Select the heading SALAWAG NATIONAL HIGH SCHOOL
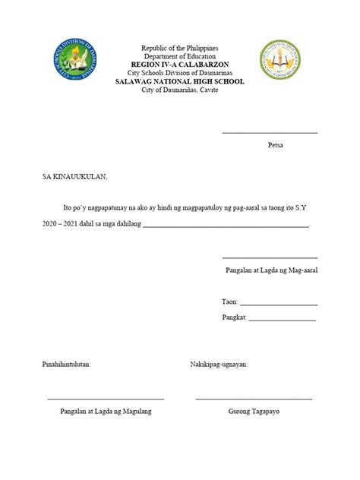point(179,81)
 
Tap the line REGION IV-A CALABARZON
point(179,65)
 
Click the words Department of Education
point(179,56)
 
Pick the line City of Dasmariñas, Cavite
point(179,90)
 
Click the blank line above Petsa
point(270,133)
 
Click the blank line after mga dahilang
point(226,226)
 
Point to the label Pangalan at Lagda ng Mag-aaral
point(271,270)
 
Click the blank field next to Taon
point(279,305)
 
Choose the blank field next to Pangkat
point(282,319)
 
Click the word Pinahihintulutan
point(66,365)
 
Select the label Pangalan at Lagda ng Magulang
point(106,411)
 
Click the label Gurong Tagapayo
point(254,411)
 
